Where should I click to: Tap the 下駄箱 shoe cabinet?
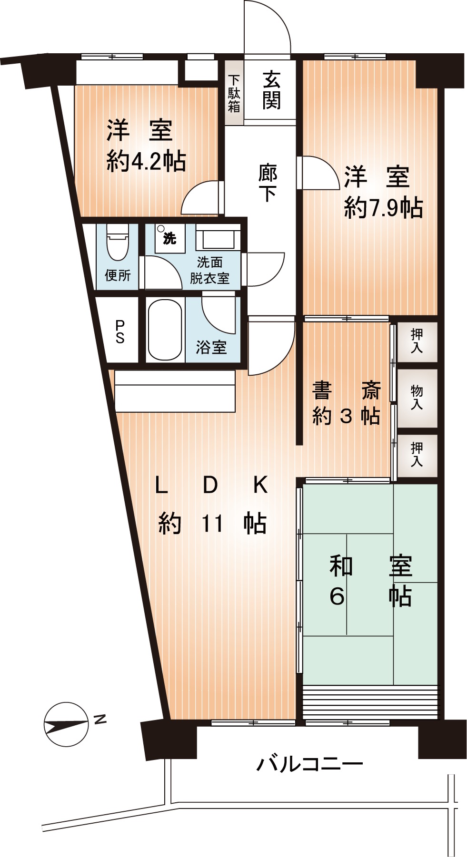click(x=233, y=93)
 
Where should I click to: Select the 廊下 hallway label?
click(x=268, y=183)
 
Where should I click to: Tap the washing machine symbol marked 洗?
click(x=169, y=238)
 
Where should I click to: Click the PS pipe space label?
click(x=120, y=331)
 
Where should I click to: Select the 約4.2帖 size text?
click(x=146, y=162)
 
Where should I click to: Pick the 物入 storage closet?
click(x=417, y=398)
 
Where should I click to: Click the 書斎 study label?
click(x=346, y=391)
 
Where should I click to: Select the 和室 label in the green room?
click(x=371, y=566)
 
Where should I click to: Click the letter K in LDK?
click(x=261, y=485)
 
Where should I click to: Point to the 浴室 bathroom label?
click(x=211, y=347)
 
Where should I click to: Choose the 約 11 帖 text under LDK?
click(x=212, y=524)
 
